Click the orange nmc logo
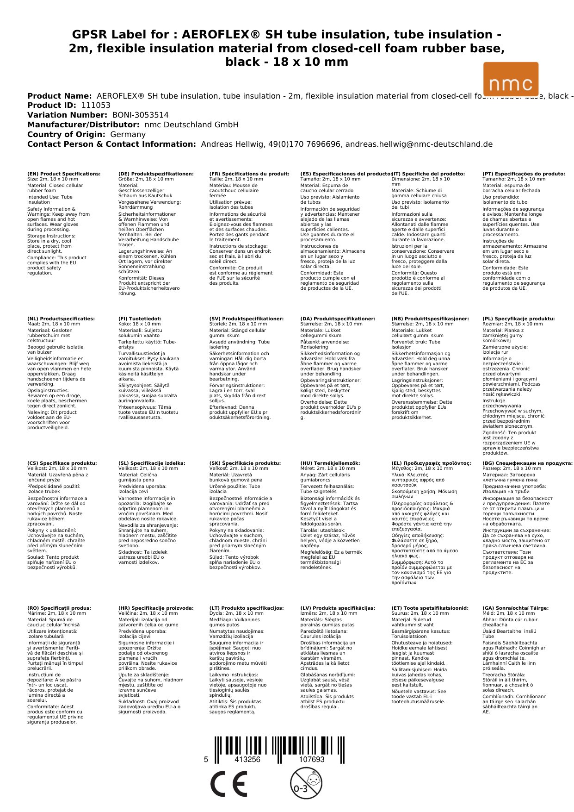[511, 79]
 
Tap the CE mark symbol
[228, 784]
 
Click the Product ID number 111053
[96, 106]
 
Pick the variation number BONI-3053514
[140, 115]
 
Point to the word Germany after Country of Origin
[128, 135]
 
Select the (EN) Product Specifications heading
[64, 174]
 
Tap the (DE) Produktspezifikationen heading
[156, 174]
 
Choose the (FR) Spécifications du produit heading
[249, 174]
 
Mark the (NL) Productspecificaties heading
[61, 319]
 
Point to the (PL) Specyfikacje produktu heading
[518, 319]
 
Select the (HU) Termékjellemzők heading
[330, 463]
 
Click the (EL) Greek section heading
[431, 463]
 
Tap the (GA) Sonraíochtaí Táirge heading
[515, 608]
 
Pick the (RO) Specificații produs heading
[59, 608]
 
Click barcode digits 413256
[247, 760]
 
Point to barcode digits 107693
[312, 760]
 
